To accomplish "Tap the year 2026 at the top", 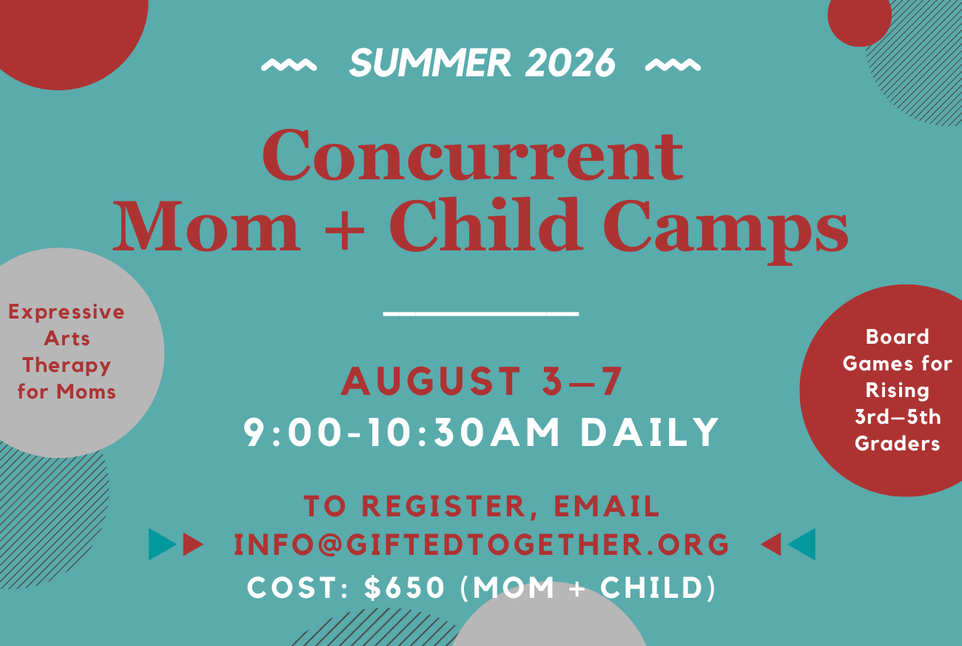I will (x=570, y=64).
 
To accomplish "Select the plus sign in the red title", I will (x=344, y=225).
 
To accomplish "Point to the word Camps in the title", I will (x=730, y=225).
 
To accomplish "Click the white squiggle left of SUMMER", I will (x=289, y=65).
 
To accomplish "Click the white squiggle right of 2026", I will (x=673, y=65).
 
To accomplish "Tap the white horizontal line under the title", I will (x=481, y=314).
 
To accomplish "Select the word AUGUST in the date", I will (x=431, y=382).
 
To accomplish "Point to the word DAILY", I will (x=650, y=433).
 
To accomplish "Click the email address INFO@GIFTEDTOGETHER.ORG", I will (x=482, y=545).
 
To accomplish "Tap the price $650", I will (x=405, y=588).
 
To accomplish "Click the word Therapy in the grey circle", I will (x=67, y=365).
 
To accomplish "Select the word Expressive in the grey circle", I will (x=67, y=312).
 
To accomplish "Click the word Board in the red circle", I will (x=898, y=337).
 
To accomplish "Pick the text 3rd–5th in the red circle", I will (x=898, y=417).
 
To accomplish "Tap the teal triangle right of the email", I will (x=802, y=545).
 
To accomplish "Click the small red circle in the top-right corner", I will (x=859, y=19).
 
